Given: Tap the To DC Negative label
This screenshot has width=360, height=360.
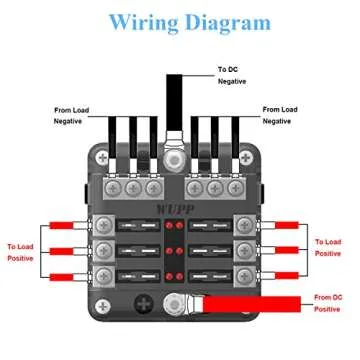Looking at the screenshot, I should [231, 75].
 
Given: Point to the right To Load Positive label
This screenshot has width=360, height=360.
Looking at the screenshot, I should [331, 247].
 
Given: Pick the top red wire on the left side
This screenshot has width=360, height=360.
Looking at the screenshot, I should [70, 226].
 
